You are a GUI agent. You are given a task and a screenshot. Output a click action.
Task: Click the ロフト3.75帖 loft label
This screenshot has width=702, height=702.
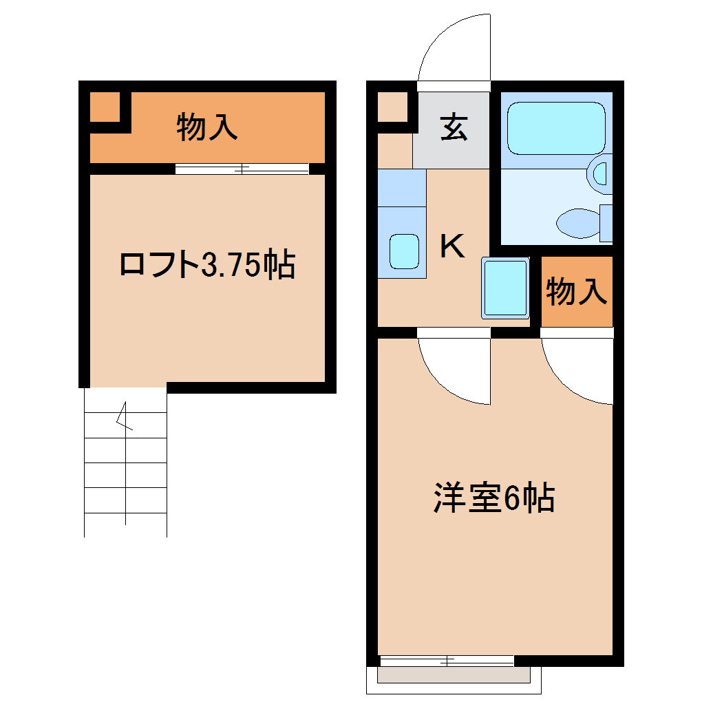pos(207,264)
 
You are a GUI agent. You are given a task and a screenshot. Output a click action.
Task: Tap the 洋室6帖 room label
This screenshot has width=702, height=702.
pos(493,499)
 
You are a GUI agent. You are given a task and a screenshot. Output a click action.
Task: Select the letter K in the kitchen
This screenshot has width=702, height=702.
pos(451,246)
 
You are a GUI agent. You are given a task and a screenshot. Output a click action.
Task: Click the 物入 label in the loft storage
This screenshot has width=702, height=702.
pos(207,127)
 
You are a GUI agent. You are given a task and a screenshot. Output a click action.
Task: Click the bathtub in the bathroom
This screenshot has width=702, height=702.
pos(555,128)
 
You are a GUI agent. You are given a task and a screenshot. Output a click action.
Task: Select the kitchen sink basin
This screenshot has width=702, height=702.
pos(404,251)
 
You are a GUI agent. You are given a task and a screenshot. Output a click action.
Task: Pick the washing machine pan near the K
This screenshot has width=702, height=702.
pos(505,288)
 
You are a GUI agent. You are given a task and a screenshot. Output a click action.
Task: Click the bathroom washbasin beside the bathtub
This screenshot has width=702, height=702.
pos(601,173)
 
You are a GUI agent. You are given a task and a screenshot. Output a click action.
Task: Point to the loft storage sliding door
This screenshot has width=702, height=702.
pos(242,169)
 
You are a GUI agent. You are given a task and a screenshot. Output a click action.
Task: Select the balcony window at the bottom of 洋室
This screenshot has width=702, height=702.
pos(447,661)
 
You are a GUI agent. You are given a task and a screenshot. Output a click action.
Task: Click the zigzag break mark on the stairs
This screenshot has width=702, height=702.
pos(125,417)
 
